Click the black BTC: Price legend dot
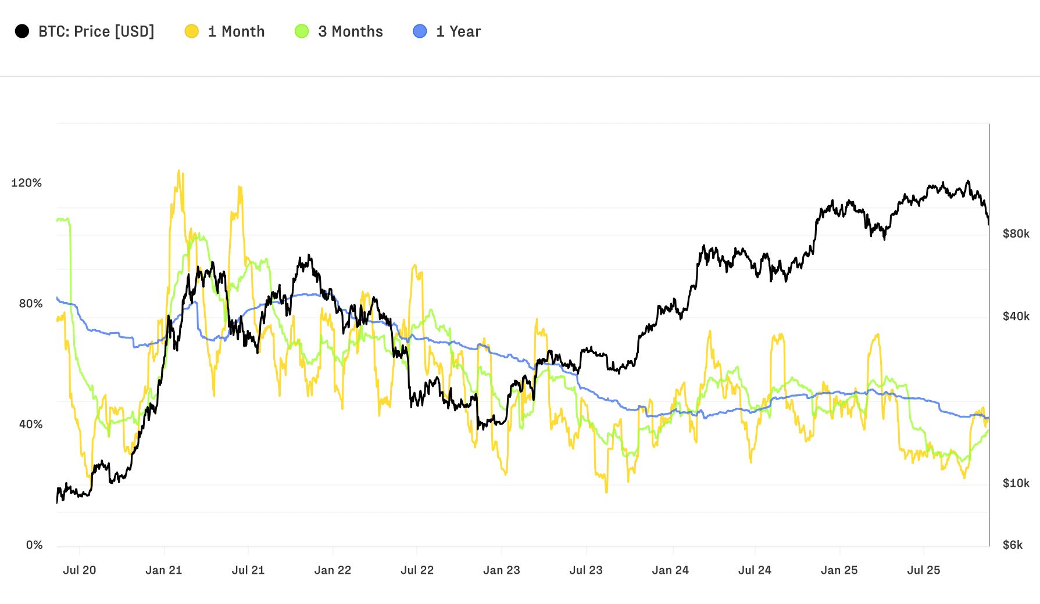click(x=22, y=31)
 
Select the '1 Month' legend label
click(x=236, y=31)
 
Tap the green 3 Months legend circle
click(x=302, y=31)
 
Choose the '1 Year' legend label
click(x=458, y=31)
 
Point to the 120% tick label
click(x=27, y=183)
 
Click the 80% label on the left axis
click(x=31, y=304)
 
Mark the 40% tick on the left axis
click(x=31, y=425)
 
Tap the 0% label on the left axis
click(x=34, y=545)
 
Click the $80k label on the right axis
click(x=1016, y=233)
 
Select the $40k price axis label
click(x=1016, y=316)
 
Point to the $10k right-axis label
click(x=1016, y=483)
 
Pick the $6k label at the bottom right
click(x=1013, y=545)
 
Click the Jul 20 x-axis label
click(x=80, y=570)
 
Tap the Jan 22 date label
click(x=333, y=570)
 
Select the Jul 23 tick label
click(x=586, y=570)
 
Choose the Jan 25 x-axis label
click(x=839, y=570)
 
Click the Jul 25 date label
click(x=923, y=570)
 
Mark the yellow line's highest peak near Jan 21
click(x=179, y=171)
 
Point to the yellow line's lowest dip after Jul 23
click(x=606, y=491)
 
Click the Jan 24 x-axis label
click(x=670, y=570)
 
